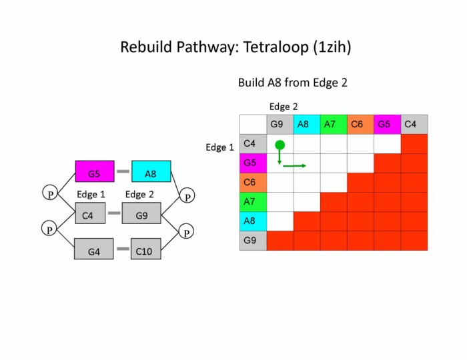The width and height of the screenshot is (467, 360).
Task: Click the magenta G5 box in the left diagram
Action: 95,172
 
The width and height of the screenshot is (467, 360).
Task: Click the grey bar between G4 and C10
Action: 123,249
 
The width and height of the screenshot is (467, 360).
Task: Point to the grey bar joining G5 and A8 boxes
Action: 123,172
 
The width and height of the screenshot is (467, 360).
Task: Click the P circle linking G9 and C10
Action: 187,231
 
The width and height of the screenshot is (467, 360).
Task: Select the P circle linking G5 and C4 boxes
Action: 50,193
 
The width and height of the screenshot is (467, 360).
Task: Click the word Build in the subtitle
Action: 252,83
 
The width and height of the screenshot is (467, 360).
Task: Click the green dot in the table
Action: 280,145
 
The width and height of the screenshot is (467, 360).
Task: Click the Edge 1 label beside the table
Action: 219,147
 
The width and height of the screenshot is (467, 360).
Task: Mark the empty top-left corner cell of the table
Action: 253,125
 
